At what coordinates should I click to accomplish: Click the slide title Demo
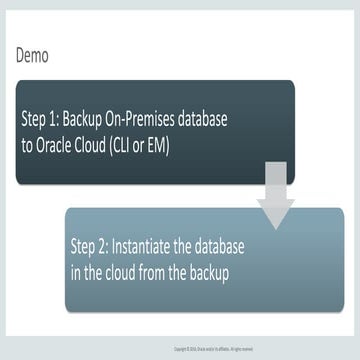(x=33, y=56)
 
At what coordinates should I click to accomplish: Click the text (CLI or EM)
(x=146, y=144)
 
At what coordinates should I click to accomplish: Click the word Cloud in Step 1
(x=96, y=144)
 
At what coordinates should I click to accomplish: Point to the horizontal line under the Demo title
(x=180, y=73)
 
